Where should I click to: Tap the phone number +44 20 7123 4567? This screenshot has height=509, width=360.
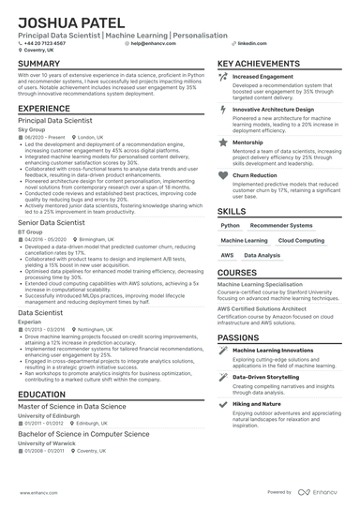point(47,43)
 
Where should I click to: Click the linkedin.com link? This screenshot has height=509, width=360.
point(247,43)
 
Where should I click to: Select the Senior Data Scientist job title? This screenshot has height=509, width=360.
point(57,223)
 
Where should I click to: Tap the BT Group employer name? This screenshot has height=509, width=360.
point(28,232)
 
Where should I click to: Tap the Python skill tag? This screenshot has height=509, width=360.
point(231,226)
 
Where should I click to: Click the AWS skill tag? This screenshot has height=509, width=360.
point(228,255)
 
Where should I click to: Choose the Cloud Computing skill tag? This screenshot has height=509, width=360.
point(301,241)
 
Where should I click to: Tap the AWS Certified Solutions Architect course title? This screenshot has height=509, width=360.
point(262,308)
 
